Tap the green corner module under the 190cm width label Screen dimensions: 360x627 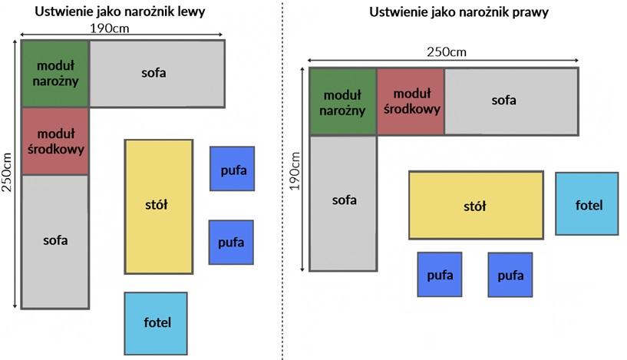coord(54,73)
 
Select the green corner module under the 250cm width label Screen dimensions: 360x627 coord(342,101)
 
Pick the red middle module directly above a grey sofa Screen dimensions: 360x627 coord(54,141)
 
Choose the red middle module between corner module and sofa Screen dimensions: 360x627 coord(411,101)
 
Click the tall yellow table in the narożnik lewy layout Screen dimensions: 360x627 coord(158,206)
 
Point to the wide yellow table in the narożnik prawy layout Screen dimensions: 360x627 coord(475,205)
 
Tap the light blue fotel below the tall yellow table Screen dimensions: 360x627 coord(156,322)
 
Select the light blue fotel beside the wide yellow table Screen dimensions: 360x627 coord(586,203)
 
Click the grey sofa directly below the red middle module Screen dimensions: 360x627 coord(54,241)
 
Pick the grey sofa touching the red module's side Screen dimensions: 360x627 coord(510,101)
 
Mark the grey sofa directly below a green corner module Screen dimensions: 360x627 coord(343,201)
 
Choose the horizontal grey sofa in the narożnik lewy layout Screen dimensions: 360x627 coord(157,73)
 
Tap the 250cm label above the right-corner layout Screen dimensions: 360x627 coord(446,51)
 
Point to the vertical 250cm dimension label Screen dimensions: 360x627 coord(8,173)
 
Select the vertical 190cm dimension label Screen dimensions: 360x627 coord(296,170)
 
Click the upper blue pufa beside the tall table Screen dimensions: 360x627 coord(232,169)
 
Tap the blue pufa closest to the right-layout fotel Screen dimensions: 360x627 coord(510,274)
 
